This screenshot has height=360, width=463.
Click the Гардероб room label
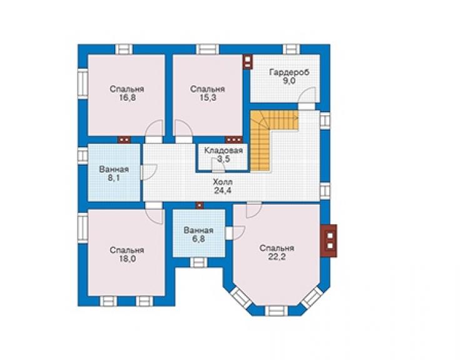289,73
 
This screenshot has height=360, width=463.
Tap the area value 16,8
127,98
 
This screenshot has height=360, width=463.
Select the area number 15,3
208,98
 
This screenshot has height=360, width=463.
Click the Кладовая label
223,150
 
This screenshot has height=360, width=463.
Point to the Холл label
223,182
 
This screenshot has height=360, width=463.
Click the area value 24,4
223,190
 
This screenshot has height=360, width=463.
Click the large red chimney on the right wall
329,240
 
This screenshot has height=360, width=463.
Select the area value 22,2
277,257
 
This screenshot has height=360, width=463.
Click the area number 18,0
127,259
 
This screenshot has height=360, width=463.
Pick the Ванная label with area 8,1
114,170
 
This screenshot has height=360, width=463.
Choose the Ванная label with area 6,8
198,230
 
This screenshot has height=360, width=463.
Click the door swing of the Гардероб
307,96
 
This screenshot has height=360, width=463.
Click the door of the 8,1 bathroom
149,172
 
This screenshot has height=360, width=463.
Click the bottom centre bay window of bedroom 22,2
276,311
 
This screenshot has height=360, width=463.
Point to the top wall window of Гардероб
291,49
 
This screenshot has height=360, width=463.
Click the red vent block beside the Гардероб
247,62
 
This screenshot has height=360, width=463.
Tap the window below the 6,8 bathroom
198,262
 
